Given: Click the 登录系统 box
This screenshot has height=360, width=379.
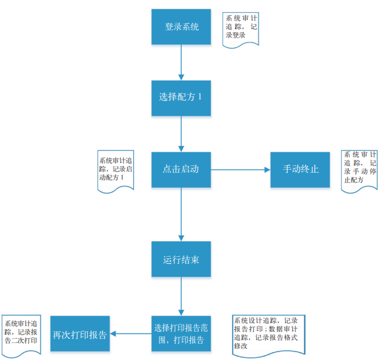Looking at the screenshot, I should coord(181,27).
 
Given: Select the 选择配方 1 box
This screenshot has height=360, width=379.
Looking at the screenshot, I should coord(181,98).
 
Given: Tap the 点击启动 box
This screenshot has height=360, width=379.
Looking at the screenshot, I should coord(181,169).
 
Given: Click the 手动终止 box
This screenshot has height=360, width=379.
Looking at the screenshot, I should coord(300,169).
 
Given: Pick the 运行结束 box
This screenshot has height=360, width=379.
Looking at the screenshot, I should coord(181,259).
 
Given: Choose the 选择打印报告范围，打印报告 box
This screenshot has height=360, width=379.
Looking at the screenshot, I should coord(181,334).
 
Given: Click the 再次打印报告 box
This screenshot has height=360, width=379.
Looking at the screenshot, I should coord(80,334).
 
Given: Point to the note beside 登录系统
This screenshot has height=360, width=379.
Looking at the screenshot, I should coord(241,28).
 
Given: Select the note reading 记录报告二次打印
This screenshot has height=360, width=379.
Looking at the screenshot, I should coord(21,332).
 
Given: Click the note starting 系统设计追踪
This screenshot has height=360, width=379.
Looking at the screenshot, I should coord(269,333).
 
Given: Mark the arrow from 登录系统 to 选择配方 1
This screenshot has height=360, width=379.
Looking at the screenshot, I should coord(181,62).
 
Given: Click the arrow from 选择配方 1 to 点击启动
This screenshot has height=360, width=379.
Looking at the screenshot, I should coord(181,133).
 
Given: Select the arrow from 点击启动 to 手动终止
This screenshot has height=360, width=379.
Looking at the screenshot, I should coord(240,170).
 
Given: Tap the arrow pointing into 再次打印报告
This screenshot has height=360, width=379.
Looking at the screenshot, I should coord(130,334).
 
